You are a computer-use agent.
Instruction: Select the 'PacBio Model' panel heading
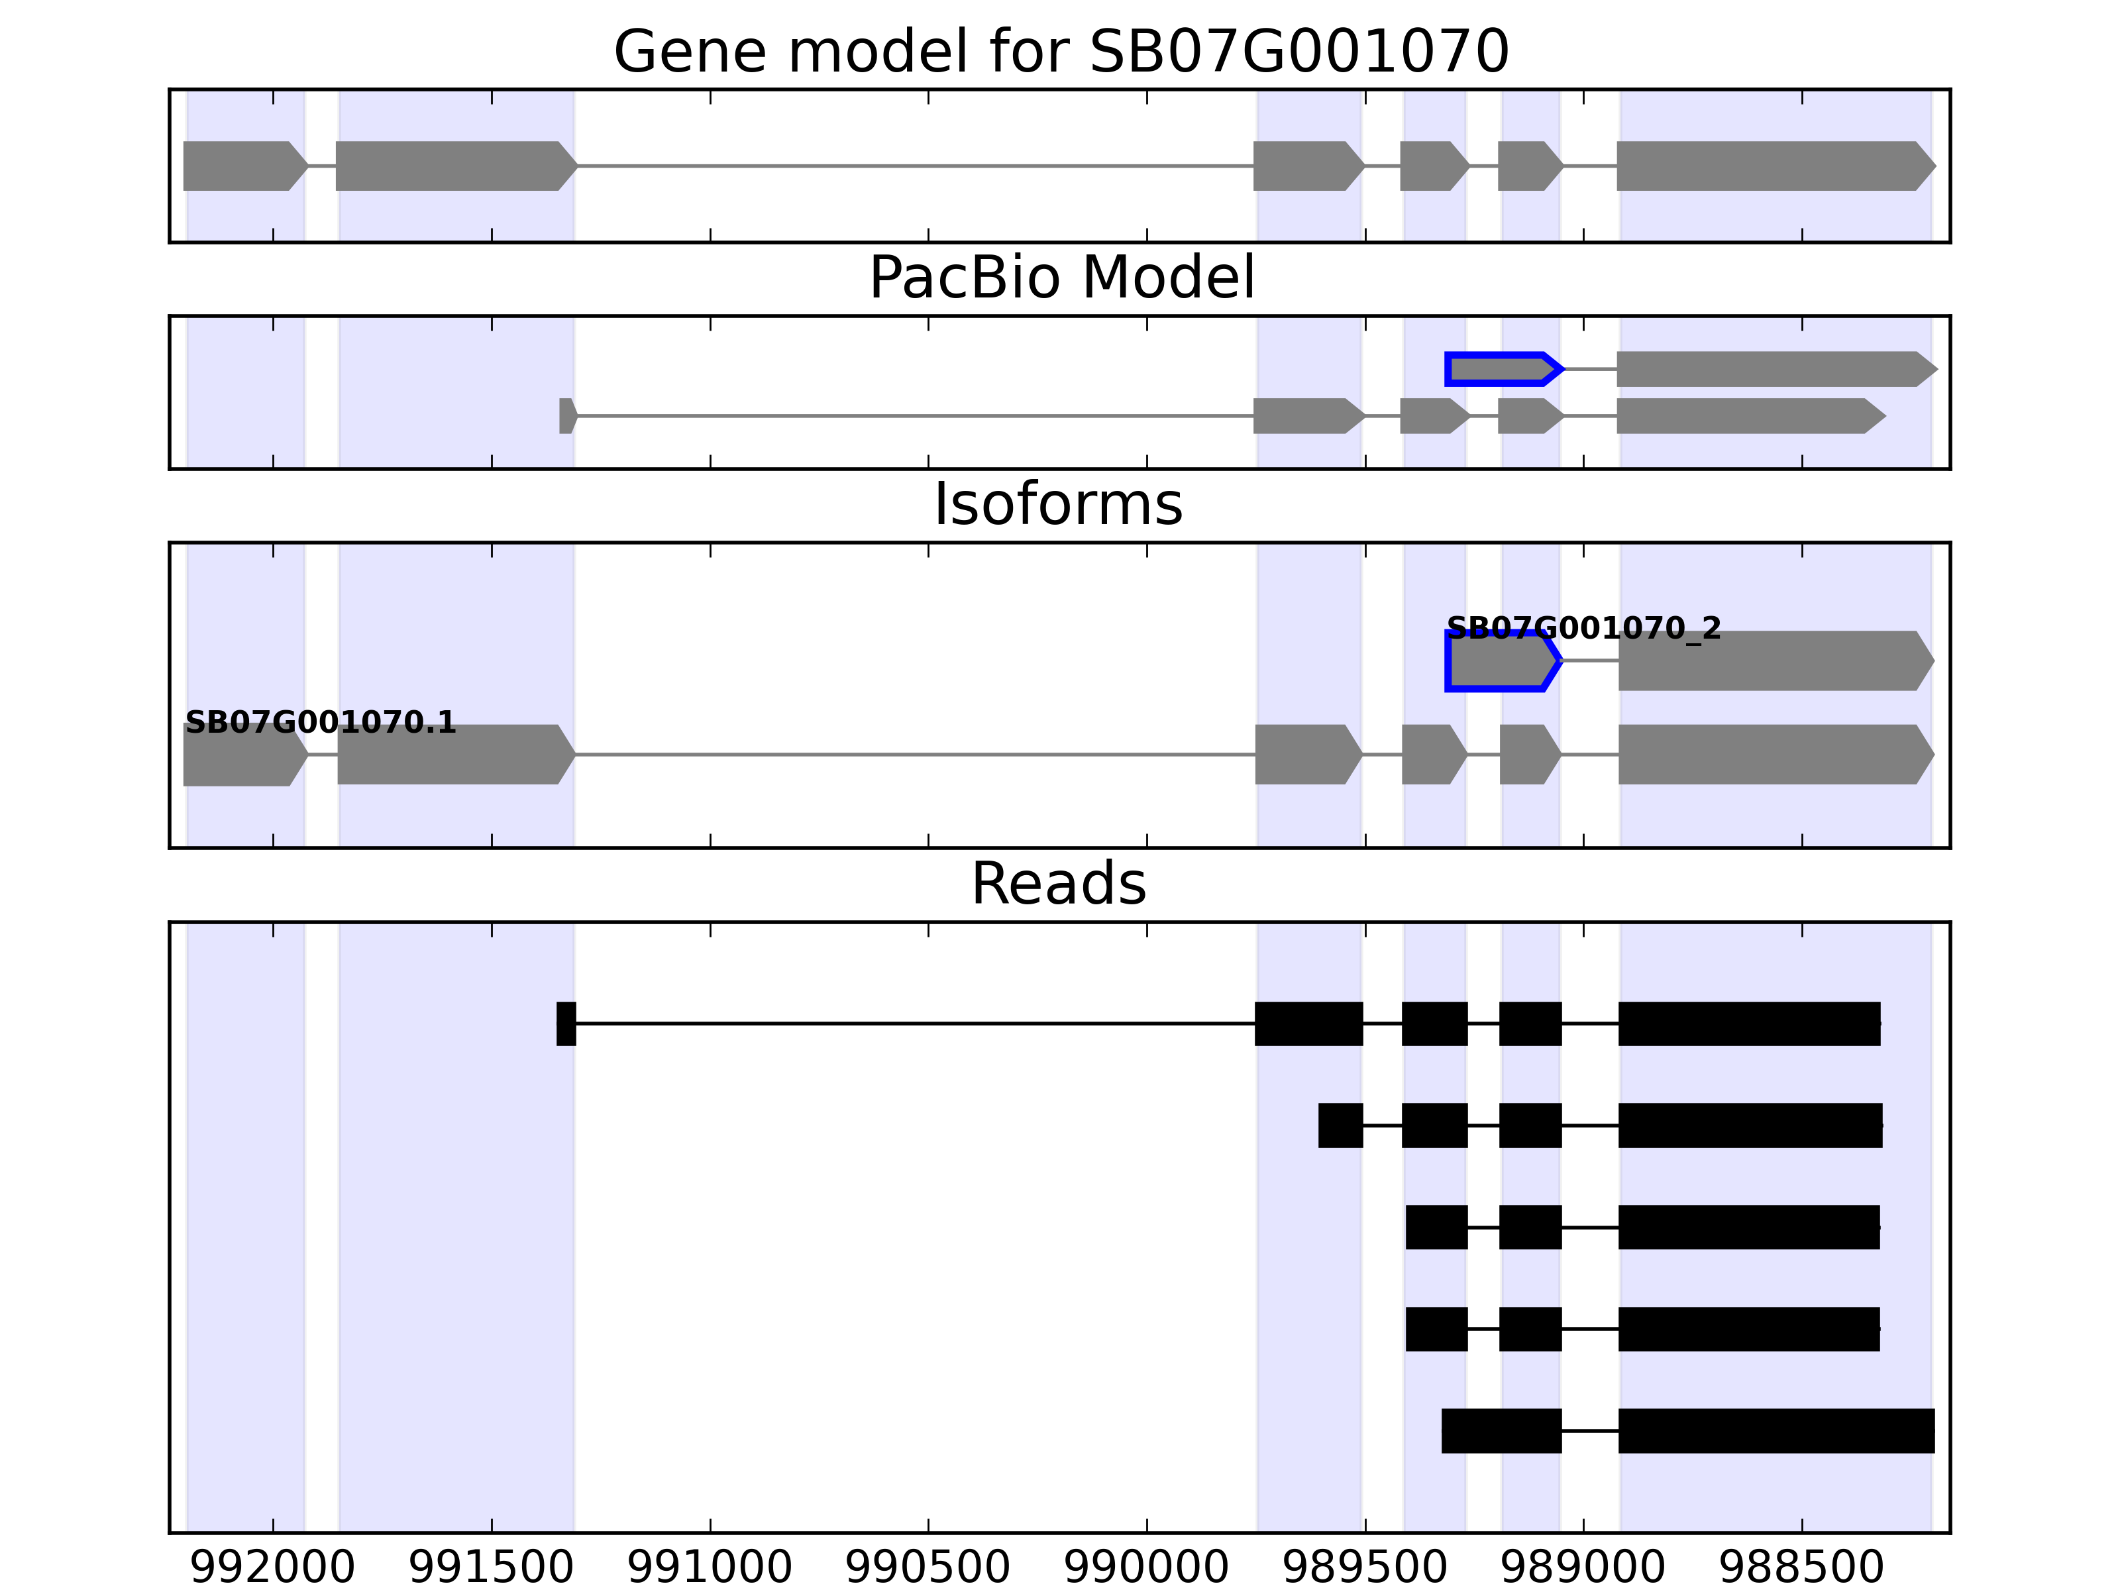click(x=1061, y=278)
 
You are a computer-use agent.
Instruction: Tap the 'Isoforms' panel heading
click(x=1058, y=504)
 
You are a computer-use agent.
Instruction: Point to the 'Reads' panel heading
click(x=1058, y=884)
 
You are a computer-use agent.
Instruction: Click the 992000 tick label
click(x=273, y=1567)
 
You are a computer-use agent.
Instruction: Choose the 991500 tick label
click(x=492, y=1567)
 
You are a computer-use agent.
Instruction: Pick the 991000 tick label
click(x=710, y=1567)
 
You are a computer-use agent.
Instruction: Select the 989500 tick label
click(x=1365, y=1567)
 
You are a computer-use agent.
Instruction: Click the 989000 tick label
click(x=1583, y=1567)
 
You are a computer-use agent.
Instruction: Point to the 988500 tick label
click(x=1802, y=1567)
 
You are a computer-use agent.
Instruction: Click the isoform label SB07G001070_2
click(x=1583, y=629)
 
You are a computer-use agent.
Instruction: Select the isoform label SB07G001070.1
click(x=320, y=723)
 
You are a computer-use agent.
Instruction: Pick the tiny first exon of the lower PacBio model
click(x=567, y=416)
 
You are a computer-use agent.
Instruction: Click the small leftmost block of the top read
click(x=566, y=1024)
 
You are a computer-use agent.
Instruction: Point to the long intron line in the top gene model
click(x=916, y=166)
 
